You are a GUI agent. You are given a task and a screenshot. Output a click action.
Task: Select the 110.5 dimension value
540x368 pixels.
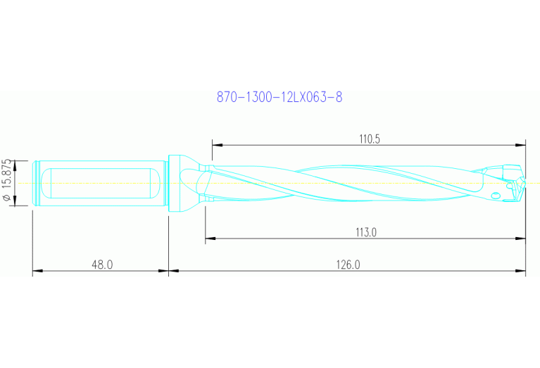[x=369, y=139]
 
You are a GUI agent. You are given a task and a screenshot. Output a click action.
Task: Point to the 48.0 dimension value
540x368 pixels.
[x=101, y=265]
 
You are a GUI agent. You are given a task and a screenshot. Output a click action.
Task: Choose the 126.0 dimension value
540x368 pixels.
[x=348, y=265]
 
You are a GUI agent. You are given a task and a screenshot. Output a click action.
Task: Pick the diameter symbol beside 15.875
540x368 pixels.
[x=8, y=199]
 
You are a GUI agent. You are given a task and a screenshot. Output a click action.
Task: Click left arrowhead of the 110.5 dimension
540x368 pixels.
[x=215, y=146]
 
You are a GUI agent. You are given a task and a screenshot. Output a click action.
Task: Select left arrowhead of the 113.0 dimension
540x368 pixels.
[x=209, y=239]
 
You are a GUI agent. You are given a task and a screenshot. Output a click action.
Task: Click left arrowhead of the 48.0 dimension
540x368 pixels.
[x=37, y=270]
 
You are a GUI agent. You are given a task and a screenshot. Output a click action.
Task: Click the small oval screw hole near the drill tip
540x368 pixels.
[x=495, y=195]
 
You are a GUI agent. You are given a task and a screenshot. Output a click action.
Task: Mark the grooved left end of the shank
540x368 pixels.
[x=36, y=183]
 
